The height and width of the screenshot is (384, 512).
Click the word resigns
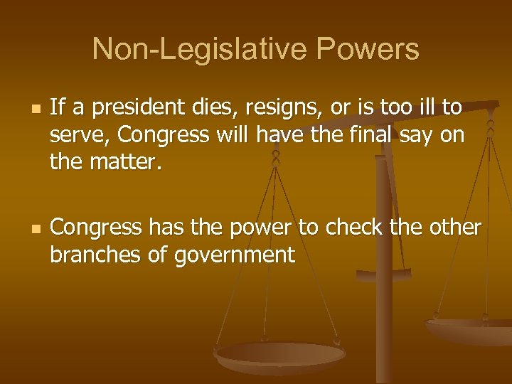click(x=267, y=108)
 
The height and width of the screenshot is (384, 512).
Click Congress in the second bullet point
click(x=97, y=228)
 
